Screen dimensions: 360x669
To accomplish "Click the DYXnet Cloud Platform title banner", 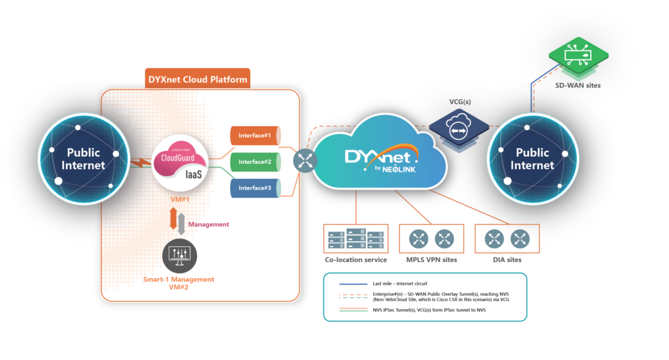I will point(197,80).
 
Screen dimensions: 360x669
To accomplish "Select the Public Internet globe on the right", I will point(532,158).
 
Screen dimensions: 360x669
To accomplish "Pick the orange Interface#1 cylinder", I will point(255,136).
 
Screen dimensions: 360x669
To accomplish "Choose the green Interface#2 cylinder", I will point(255,161).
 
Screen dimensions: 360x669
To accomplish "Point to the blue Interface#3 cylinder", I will point(255,188).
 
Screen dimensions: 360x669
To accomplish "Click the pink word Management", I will point(208,224).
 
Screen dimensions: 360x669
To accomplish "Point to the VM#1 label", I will point(179,198).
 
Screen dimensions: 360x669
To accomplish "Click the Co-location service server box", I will point(355,239).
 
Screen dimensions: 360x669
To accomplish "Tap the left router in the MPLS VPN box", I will point(419,239).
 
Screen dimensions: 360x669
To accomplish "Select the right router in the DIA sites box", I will point(519,239).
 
